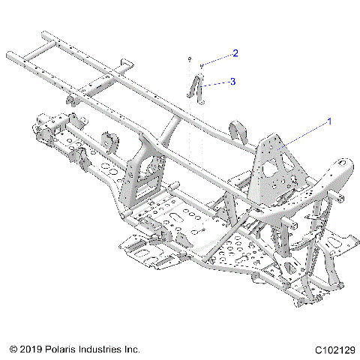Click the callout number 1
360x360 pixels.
click(327, 121)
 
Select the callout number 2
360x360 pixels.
click(235, 53)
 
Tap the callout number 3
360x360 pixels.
click(233, 80)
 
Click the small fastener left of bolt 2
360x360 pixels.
click(190, 58)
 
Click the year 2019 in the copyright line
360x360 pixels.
click(29, 349)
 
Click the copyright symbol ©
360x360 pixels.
click(13, 349)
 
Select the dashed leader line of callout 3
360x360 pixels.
click(218, 82)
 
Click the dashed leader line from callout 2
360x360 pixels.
click(218, 59)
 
